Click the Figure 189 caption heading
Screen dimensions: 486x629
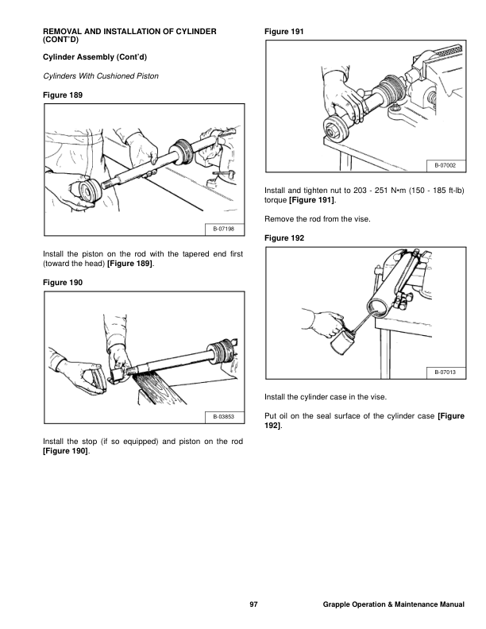point(63,95)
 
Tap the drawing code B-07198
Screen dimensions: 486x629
point(223,229)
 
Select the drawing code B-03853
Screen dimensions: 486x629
point(223,417)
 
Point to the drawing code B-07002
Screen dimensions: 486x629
point(445,165)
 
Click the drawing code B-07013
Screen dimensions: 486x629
point(445,372)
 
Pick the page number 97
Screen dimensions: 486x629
point(253,604)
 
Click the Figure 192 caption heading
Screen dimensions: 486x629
point(284,238)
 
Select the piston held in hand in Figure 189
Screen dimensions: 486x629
point(89,193)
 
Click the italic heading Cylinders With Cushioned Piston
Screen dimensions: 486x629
point(101,76)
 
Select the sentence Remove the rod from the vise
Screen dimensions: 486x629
point(318,219)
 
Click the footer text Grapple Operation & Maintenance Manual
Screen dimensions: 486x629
point(393,604)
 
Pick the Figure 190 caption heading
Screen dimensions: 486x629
point(63,283)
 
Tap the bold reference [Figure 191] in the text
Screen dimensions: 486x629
point(311,200)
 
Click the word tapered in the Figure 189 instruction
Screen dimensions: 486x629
point(197,254)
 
